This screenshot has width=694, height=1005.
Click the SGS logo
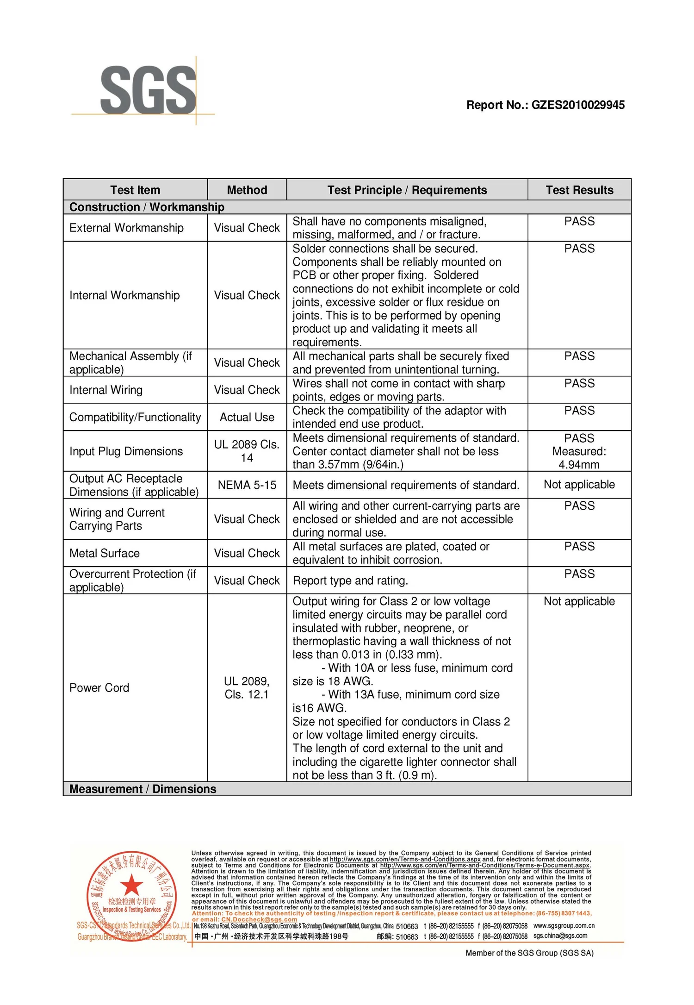tap(148, 90)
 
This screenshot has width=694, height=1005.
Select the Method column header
tap(247, 190)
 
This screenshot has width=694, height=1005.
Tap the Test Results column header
tap(579, 190)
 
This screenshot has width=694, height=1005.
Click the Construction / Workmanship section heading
tap(147, 207)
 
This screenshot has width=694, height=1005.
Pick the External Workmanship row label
tap(126, 228)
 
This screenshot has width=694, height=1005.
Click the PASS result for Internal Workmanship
tap(579, 249)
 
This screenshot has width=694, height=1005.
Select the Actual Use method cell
tap(247, 417)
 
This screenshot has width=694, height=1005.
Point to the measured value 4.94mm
tap(579, 464)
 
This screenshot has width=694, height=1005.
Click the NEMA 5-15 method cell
tap(247, 485)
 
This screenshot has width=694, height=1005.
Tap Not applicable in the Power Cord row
tap(579, 601)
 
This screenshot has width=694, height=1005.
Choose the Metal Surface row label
tap(105, 553)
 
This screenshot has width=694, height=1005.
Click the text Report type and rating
tap(350, 581)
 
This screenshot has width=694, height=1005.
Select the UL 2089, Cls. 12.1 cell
tap(247, 688)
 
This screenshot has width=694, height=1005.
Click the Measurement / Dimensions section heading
tap(143, 789)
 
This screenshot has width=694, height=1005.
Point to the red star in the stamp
tap(132, 885)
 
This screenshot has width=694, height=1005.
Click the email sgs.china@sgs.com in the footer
tap(560, 936)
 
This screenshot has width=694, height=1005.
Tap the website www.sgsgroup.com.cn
tap(564, 925)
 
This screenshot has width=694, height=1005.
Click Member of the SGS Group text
tap(529, 953)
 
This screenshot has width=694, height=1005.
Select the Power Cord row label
tap(99, 688)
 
